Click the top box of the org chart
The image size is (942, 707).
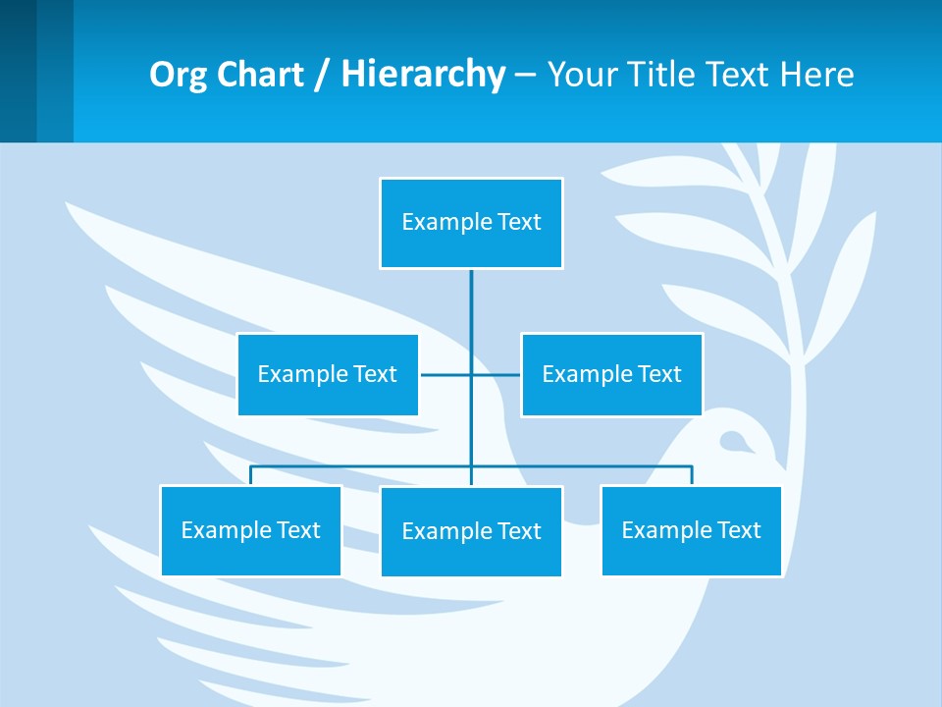(x=471, y=223)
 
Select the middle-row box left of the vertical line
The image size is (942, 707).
(x=328, y=374)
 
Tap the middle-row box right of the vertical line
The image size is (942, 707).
(x=611, y=374)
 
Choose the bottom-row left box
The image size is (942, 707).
(x=250, y=530)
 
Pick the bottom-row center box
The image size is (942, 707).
(x=471, y=531)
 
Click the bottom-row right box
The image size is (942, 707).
(x=691, y=530)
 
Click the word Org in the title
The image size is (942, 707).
(x=173, y=74)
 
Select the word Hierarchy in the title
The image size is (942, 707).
(x=422, y=74)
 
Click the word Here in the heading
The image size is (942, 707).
(x=816, y=74)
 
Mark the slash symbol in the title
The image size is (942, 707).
(x=321, y=75)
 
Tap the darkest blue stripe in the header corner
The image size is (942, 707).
(x=18, y=71)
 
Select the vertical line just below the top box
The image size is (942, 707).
(x=471, y=295)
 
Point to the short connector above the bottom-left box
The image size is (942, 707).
(x=250, y=475)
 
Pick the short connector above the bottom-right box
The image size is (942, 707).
(x=691, y=475)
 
